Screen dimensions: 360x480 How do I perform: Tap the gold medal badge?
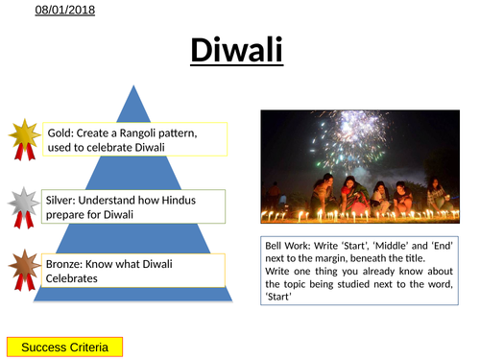tap(24, 138)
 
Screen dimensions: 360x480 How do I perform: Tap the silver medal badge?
tap(24, 205)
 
